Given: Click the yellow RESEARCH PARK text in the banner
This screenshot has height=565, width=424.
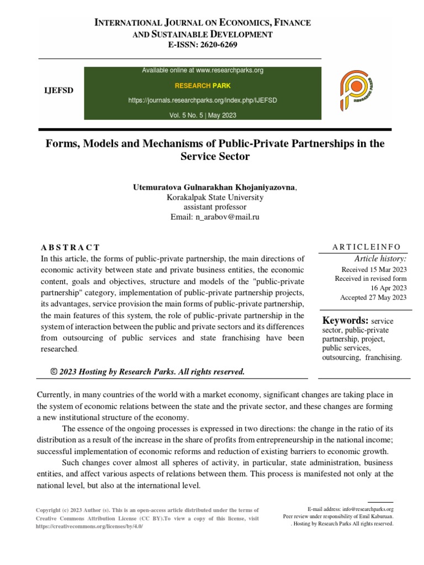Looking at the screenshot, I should coord(203,86).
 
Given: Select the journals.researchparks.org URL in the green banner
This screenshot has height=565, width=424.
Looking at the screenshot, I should coord(203,100).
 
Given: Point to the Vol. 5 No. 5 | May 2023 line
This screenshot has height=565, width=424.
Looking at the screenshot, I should coord(203,115).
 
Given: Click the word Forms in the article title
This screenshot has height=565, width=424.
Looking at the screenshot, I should coord(60,144).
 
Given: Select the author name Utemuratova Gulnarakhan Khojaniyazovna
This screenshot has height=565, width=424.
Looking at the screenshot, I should coord(214,188).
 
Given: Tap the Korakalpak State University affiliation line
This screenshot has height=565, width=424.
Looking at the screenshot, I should coord(215,198).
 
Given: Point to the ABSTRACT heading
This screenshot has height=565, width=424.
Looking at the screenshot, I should coord(71,247).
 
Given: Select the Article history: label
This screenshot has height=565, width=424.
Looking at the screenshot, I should coord(380,258).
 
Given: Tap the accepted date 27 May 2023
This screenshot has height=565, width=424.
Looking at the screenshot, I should coord(388,297).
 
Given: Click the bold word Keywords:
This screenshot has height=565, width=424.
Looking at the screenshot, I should coord(346,321).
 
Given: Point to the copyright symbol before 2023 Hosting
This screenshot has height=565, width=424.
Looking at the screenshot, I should coord(54,371).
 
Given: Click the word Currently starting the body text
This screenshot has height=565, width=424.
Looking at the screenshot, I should coord(55,395).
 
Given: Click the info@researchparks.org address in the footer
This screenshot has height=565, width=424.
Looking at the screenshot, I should coord(367,509).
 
